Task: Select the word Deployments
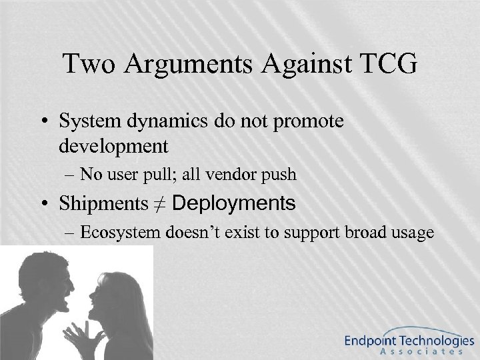233,203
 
